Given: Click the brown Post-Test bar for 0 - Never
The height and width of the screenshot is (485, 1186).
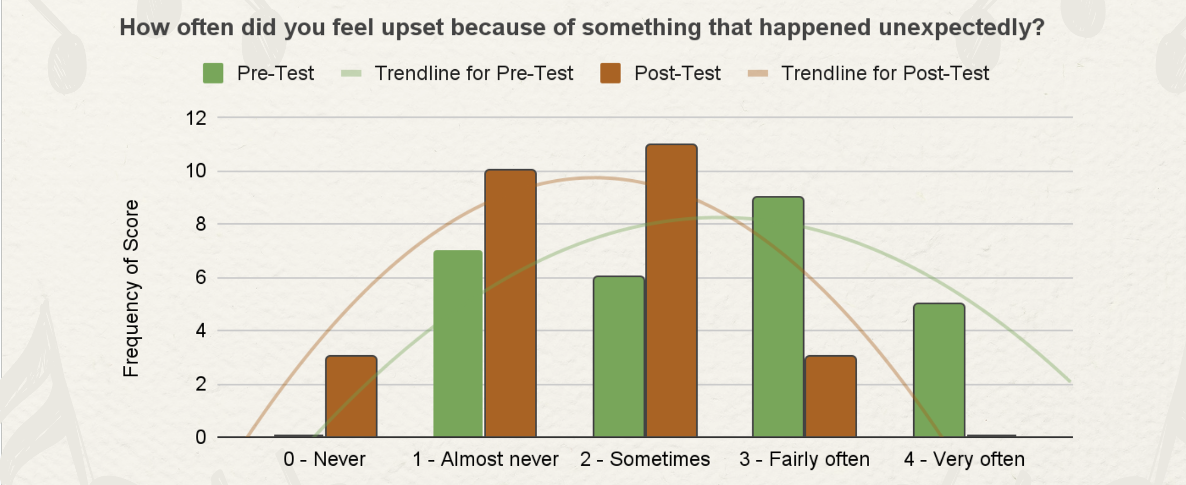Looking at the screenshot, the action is [351, 396].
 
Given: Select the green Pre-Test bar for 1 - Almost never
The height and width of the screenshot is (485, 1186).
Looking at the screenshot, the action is [458, 344].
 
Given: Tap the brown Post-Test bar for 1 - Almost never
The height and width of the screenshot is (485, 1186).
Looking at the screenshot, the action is [510, 303].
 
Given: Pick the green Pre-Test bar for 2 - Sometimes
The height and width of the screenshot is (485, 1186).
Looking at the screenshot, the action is [619, 357].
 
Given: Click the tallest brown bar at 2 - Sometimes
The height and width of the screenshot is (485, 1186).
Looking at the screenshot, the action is [671, 291].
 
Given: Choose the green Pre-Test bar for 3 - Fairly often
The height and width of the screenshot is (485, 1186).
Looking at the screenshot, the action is [778, 317].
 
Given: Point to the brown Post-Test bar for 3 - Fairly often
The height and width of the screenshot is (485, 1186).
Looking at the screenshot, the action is [830, 396].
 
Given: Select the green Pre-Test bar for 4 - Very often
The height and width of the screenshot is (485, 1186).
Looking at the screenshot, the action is [939, 370].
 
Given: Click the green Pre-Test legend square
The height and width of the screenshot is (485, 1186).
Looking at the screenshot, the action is [213, 73].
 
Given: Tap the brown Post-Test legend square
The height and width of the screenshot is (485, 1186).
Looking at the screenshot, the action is [610, 73].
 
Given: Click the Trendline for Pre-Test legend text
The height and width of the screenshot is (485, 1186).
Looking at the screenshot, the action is [474, 73].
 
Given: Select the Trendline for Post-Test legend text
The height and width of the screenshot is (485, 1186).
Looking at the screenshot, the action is [885, 73].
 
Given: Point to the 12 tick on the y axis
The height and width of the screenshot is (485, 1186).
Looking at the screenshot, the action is [196, 118].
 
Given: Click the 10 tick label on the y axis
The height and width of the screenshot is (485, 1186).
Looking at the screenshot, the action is [196, 171].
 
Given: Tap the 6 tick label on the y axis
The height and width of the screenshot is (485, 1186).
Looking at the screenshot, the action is [201, 277].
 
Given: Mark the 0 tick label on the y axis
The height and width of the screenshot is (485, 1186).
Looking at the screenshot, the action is [201, 437].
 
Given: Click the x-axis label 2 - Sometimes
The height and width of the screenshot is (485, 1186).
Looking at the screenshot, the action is [645, 459].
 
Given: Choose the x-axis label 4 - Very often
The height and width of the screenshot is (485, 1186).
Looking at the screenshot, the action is [964, 459].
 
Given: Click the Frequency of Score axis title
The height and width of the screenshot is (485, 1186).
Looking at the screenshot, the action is [131, 289].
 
